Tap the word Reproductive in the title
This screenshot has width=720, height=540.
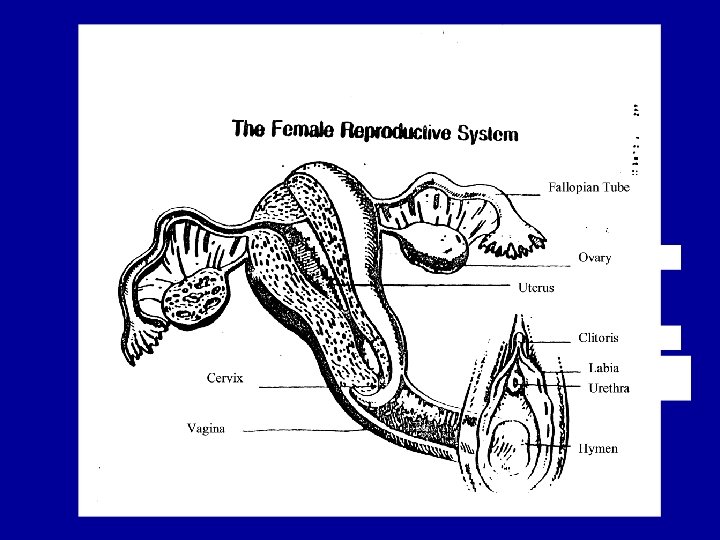(x=396, y=132)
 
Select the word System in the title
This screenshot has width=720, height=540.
(x=488, y=134)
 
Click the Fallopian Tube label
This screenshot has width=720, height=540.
(x=588, y=187)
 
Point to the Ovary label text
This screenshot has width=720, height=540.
(x=594, y=258)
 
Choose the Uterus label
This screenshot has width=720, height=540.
(x=536, y=288)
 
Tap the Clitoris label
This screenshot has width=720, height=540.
(x=598, y=338)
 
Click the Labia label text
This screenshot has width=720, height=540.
(x=603, y=368)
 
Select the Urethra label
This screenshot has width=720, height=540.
(x=609, y=388)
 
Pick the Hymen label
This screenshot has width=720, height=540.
(x=598, y=449)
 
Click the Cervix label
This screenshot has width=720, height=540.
(x=224, y=378)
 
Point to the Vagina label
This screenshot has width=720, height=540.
(x=206, y=430)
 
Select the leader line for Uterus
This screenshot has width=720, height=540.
(x=450, y=287)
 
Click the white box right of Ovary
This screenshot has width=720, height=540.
(x=669, y=257)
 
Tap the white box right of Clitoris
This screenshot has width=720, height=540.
(x=669, y=337)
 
